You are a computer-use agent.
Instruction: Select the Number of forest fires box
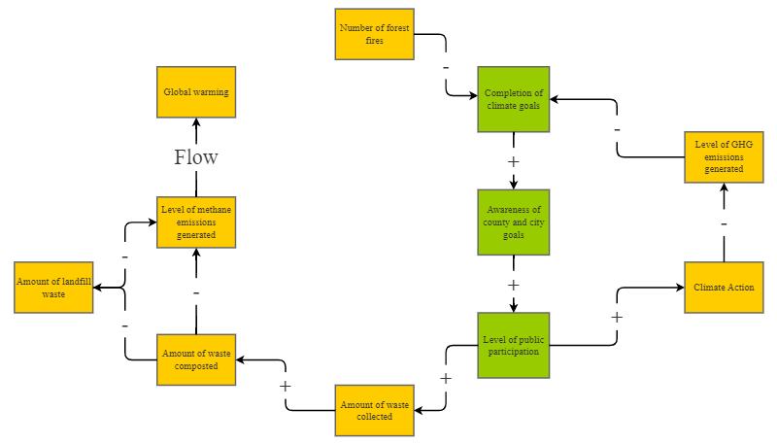[374, 34]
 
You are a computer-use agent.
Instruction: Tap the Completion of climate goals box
[514, 99]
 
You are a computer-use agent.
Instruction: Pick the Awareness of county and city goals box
[514, 222]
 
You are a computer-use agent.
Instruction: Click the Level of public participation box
[514, 345]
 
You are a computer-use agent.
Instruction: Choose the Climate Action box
[724, 287]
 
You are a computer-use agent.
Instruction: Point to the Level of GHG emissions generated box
[724, 156]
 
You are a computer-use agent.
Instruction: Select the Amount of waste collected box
[374, 410]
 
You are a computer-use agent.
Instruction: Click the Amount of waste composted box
[196, 359]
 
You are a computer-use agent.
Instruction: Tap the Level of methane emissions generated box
[196, 222]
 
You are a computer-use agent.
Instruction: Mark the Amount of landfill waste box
[53, 287]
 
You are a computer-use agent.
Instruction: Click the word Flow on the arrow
[196, 157]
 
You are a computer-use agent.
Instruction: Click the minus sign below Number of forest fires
[446, 67]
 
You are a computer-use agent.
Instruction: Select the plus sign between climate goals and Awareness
[514, 161]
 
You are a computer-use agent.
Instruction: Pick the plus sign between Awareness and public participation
[514, 285]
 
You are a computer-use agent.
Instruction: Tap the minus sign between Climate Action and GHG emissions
[724, 224]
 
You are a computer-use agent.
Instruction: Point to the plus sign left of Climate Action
[616, 318]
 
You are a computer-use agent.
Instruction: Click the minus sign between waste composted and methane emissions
[196, 292]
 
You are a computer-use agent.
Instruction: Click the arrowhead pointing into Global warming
[196, 123]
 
